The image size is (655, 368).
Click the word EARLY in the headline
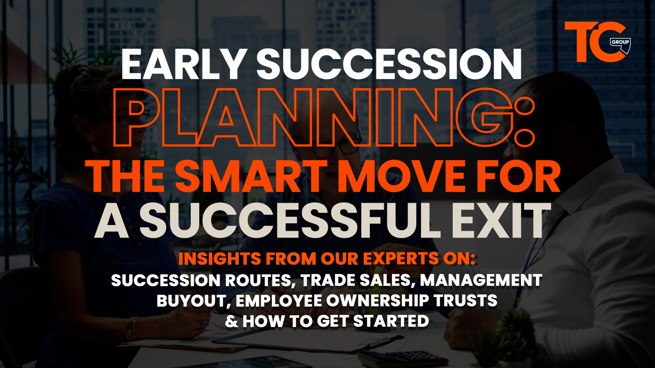click(x=184, y=64)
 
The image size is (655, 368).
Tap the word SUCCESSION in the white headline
click(x=389, y=64)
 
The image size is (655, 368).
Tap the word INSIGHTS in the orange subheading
click(x=220, y=259)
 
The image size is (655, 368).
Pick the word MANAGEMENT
click(x=481, y=280)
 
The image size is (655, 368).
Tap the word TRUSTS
click(x=465, y=301)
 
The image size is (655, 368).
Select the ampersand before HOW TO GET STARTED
click(x=232, y=321)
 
